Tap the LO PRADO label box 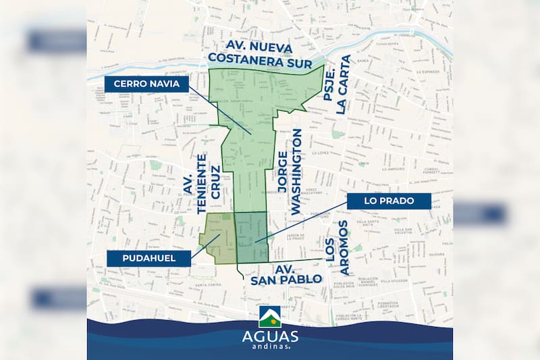(x=389, y=201)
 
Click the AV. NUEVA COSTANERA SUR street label (x=260, y=56)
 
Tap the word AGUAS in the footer (x=269, y=336)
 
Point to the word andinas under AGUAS (x=269, y=347)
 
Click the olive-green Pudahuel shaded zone (x=217, y=238)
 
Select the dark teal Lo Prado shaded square (x=251, y=237)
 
